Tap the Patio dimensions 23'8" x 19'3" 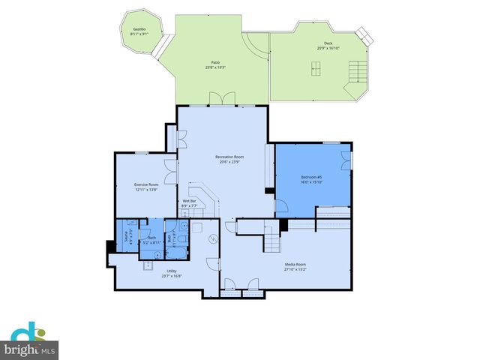215,67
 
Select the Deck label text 328,44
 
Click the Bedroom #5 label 310,177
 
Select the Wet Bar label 189,201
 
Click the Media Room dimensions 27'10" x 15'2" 295,268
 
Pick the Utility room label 171,271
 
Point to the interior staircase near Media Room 271,241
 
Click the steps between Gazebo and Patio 159,48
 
